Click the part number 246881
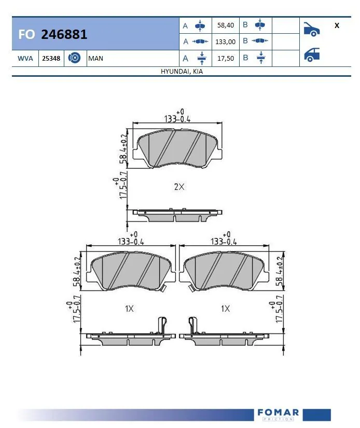[64, 35]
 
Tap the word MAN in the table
[96, 59]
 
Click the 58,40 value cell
[225, 25]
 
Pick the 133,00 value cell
[225, 42]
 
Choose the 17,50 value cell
[225, 58]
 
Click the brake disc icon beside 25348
[74, 59]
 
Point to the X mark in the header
[337, 25]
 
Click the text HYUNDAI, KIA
[182, 72]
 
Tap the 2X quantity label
[179, 187]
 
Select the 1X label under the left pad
[129, 309]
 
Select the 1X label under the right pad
[225, 309]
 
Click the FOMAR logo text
[278, 413]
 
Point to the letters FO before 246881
[26, 35]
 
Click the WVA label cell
[25, 59]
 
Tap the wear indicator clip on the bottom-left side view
[162, 326]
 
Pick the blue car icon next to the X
[311, 29]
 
